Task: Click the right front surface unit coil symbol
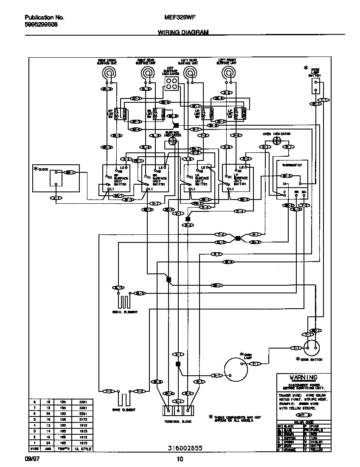click(x=110, y=73)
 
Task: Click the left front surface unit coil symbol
click(x=230, y=73)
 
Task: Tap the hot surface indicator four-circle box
click(x=172, y=84)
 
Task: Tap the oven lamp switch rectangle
click(x=315, y=87)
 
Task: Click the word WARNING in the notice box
click(x=303, y=377)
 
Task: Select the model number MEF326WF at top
click(x=180, y=18)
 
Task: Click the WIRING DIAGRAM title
click(x=183, y=32)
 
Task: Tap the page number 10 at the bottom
click(x=179, y=459)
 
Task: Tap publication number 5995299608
click(x=41, y=24)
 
